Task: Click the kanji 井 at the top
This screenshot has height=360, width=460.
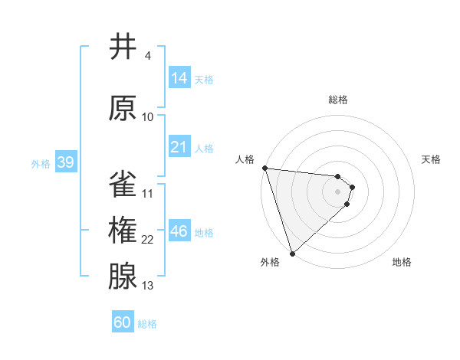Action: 123,46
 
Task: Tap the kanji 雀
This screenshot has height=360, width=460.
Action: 123,182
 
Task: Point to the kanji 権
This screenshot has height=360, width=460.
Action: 123,229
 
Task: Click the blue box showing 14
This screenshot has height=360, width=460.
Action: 179,78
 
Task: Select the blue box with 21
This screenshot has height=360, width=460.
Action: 179,147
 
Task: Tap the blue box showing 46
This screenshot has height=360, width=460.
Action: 179,231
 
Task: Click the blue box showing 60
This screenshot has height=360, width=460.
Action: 123,322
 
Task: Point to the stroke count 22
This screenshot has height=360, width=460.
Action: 148,240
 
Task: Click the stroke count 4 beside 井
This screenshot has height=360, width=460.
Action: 148,56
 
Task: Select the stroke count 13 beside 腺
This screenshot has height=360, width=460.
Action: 148,286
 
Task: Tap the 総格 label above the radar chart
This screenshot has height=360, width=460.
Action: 338,100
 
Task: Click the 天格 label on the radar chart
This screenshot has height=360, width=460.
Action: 432,159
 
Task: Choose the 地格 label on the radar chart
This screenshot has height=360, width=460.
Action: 402,262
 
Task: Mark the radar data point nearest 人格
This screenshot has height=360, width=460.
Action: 264,168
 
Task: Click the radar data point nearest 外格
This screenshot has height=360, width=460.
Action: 292,253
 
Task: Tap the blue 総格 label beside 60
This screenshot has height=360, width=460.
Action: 147,324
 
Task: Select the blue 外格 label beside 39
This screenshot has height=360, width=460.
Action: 41,163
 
